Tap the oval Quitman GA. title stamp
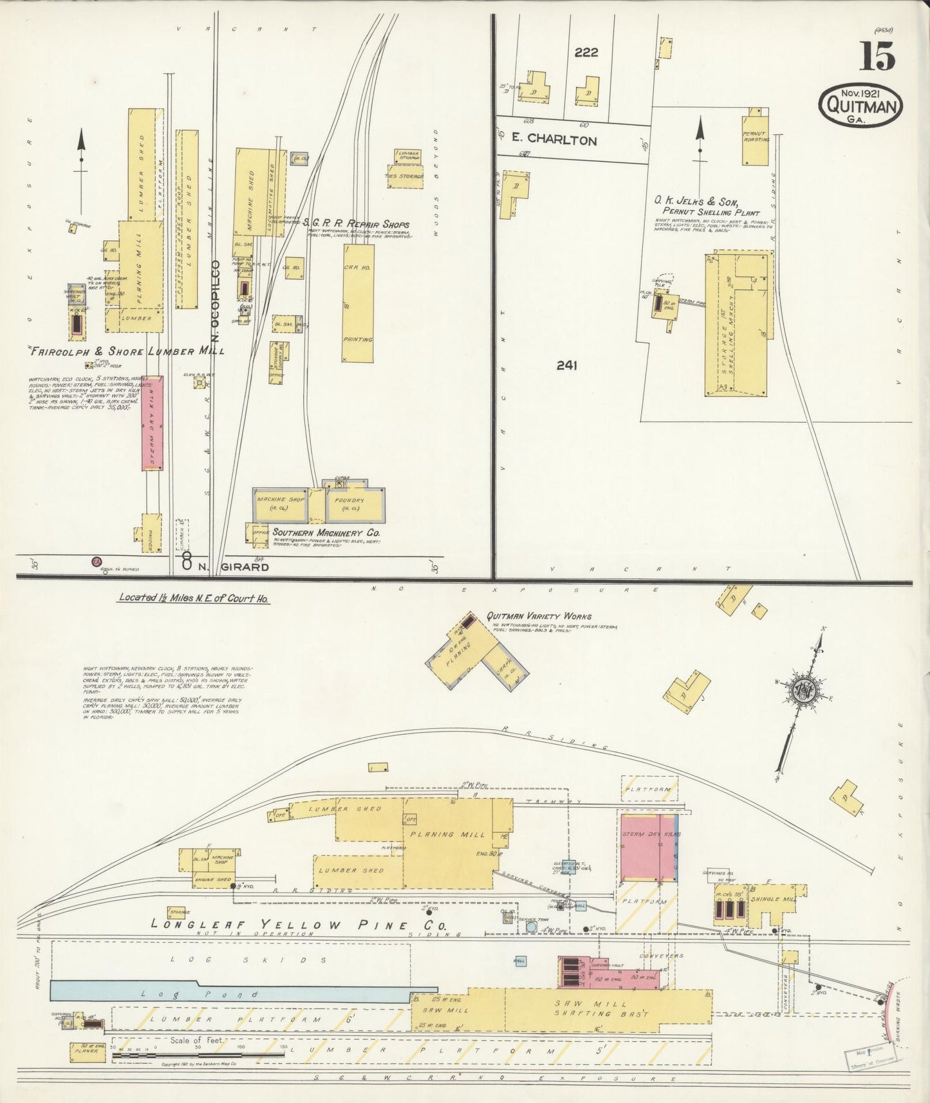[x=860, y=104]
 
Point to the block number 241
[x=566, y=366]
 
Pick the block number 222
[x=586, y=53]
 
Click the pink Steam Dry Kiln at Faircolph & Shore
[x=153, y=423]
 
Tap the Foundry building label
[x=349, y=501]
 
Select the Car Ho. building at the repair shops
[x=357, y=302]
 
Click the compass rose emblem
[x=804, y=691]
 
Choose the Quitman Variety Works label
[x=539, y=616]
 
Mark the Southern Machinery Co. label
[x=326, y=533]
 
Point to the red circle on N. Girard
[x=97, y=561]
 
